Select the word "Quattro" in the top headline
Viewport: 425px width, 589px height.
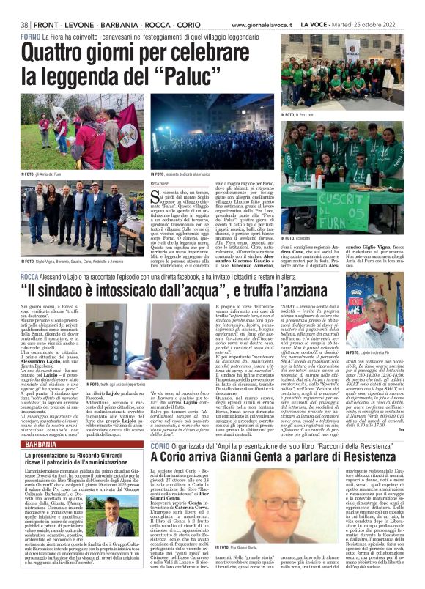57,53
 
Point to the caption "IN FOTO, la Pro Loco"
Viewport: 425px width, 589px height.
300,115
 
